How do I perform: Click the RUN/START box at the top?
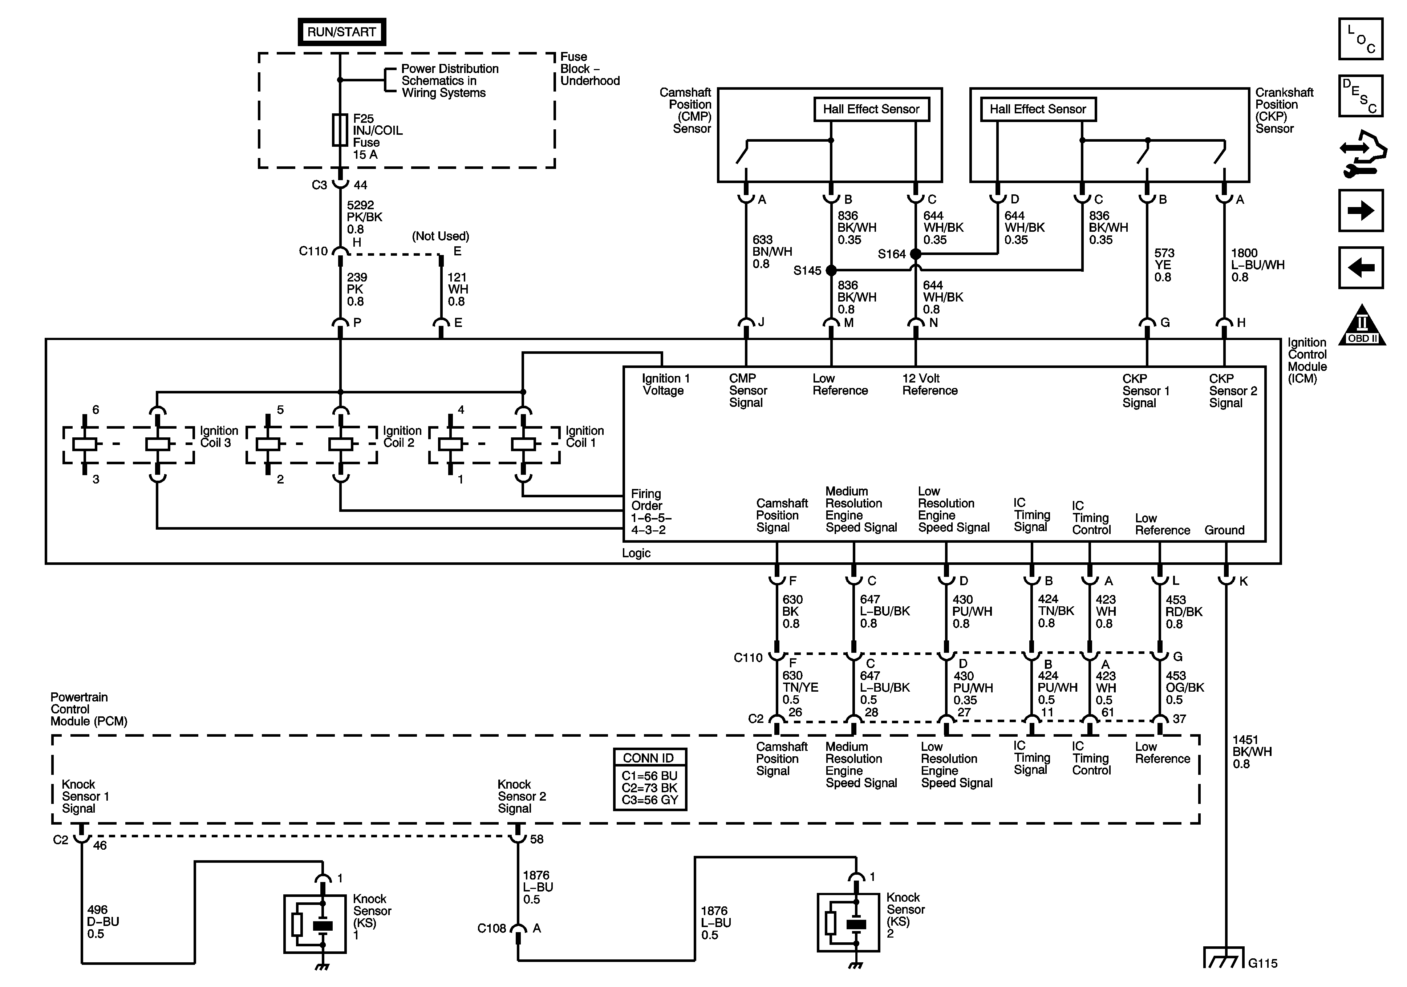pyautogui.click(x=341, y=32)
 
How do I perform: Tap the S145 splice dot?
pyautogui.click(x=831, y=270)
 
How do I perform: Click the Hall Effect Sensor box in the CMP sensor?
pyautogui.click(x=871, y=109)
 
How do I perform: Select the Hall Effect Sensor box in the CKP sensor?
pyautogui.click(x=1038, y=109)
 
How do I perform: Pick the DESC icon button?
pyautogui.click(x=1361, y=96)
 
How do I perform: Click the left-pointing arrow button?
pyautogui.click(x=1361, y=268)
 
